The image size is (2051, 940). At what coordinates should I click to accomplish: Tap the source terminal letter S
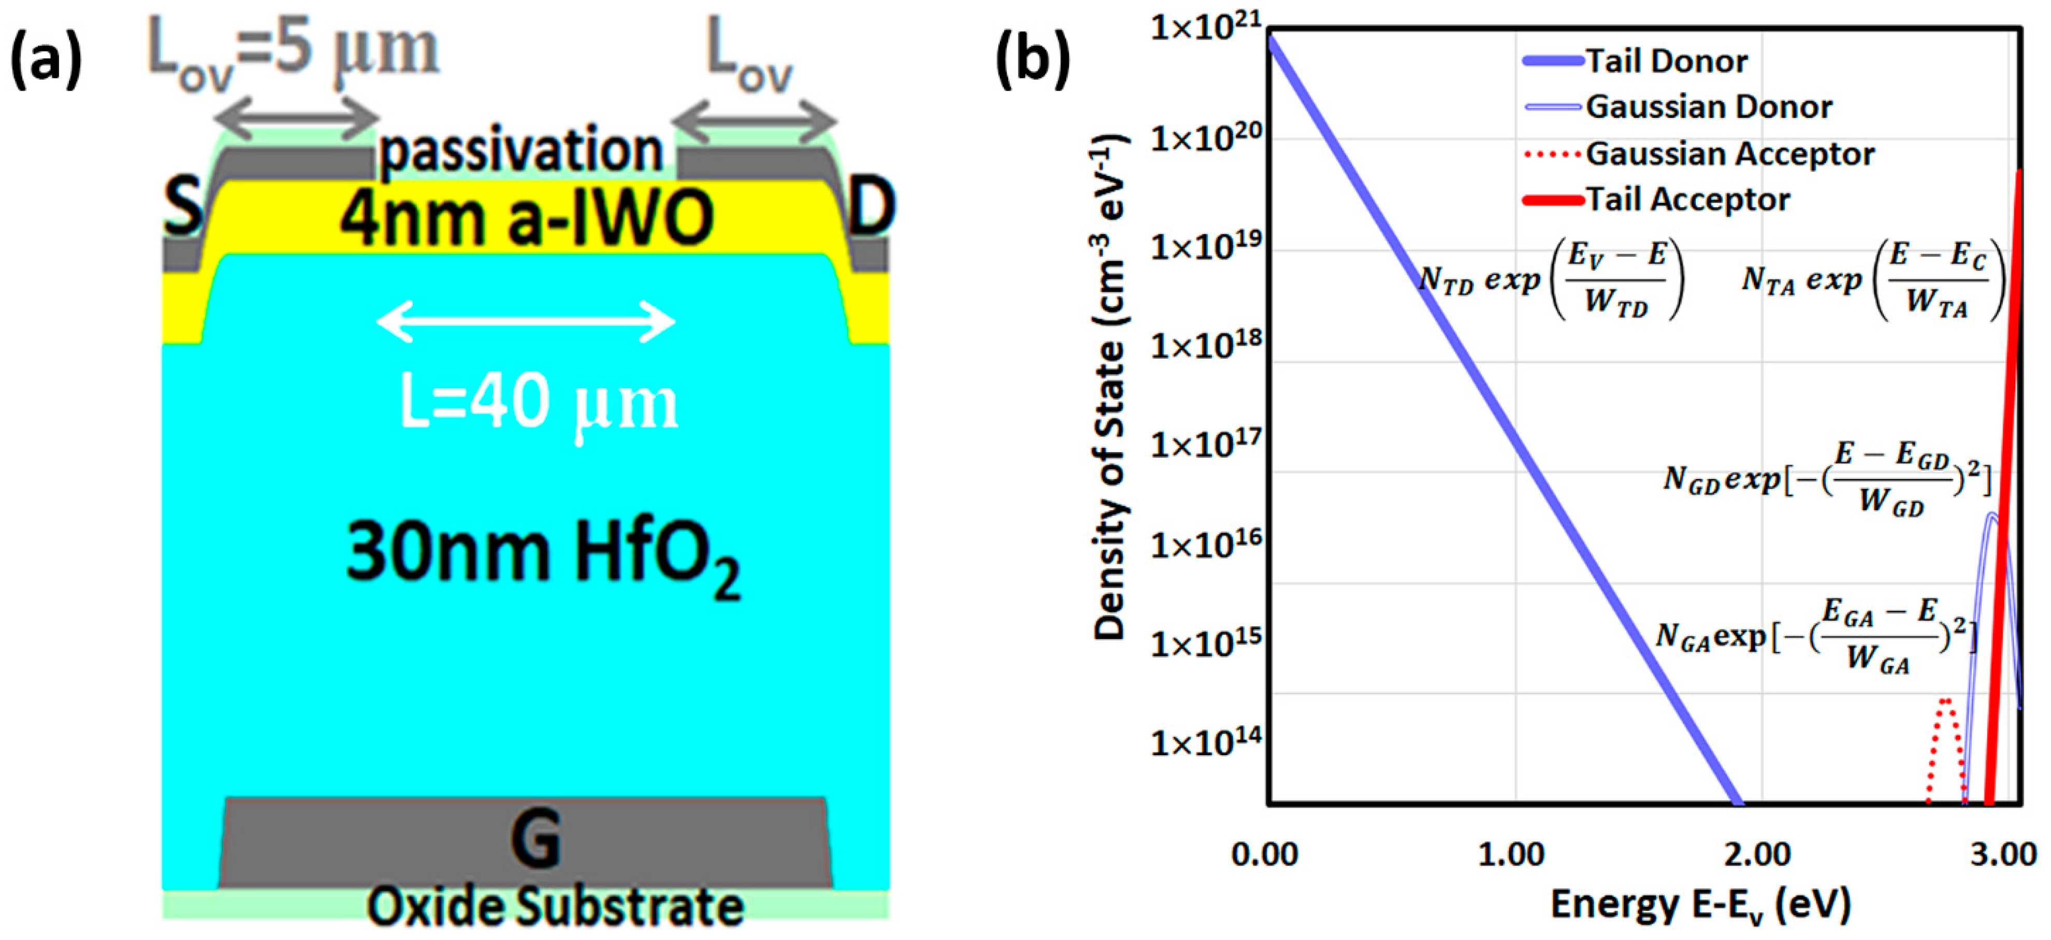(183, 206)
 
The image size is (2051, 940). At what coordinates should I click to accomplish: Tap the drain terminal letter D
(871, 206)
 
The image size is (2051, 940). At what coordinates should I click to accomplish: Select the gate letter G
(535, 838)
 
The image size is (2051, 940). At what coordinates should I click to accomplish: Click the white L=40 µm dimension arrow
(525, 322)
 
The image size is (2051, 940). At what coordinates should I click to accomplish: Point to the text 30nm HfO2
(541, 554)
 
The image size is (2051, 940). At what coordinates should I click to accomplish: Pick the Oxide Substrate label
(555, 907)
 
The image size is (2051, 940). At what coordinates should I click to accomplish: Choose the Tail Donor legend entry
(1666, 61)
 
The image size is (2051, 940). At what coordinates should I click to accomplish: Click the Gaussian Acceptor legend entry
(1729, 154)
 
